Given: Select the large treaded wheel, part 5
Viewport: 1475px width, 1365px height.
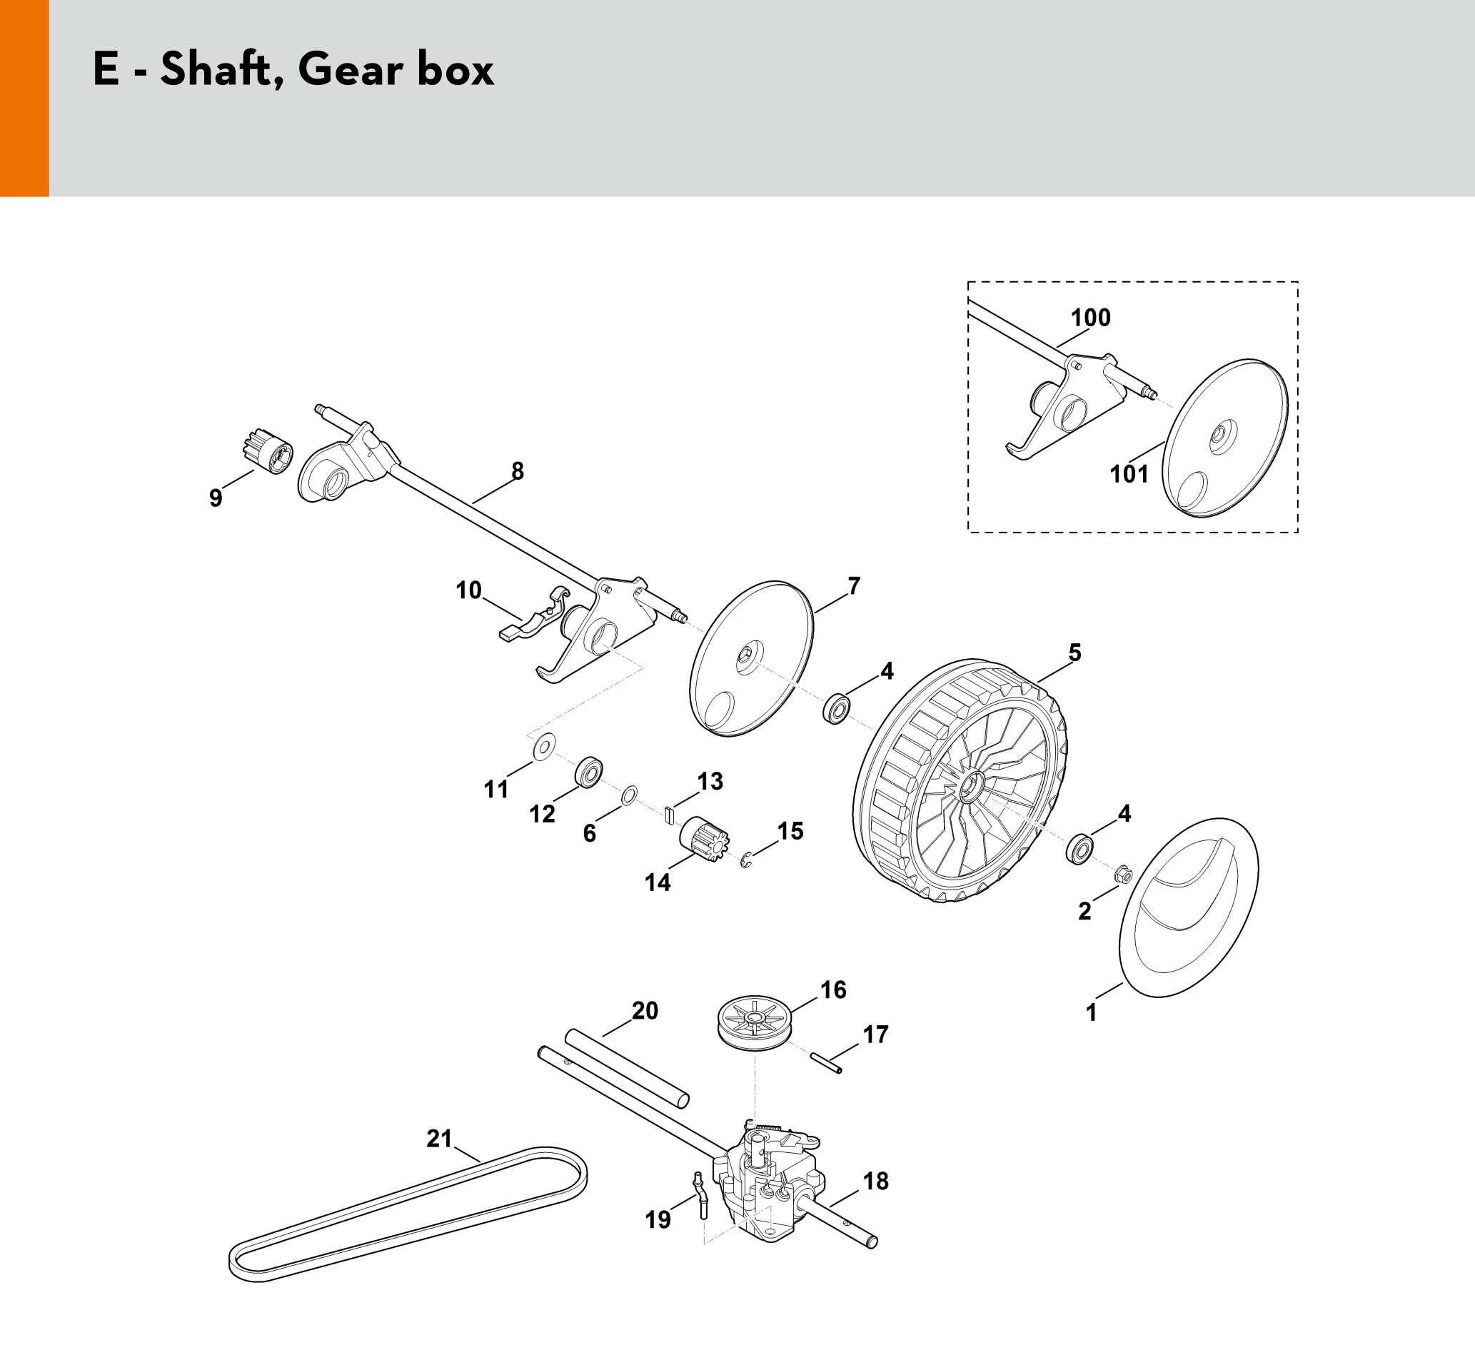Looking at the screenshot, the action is pos(960,781).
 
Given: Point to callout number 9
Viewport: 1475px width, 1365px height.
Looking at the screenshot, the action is pos(215,498).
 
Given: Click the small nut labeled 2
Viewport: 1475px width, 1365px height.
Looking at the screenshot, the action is pos(1123,875).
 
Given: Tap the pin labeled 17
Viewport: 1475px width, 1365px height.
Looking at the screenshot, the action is pos(825,1063).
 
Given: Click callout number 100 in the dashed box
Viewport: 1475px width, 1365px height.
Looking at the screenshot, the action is pos(1090,318).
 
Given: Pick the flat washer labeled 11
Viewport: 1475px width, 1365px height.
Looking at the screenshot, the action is pos(544,747).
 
